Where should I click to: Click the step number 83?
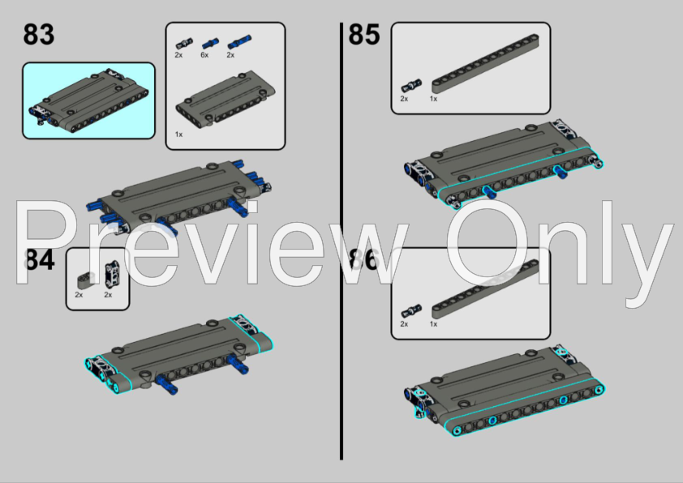pos(39,36)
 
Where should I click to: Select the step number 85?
pos(364,36)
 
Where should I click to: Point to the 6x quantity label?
pos(204,55)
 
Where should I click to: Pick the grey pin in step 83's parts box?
pos(185,43)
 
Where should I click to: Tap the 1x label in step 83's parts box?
pos(178,134)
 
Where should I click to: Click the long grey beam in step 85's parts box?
pos(487,60)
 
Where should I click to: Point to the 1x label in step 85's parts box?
pos(433,99)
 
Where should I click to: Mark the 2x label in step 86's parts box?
pos(404,324)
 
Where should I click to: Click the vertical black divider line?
pos(341,243)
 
